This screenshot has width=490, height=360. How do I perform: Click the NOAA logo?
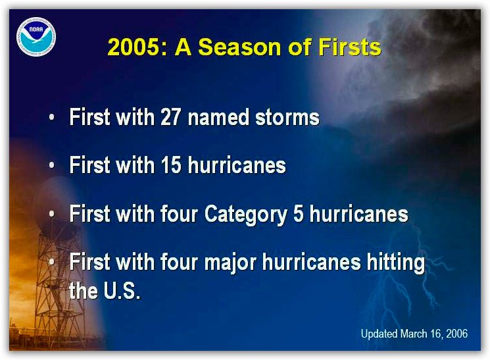[36, 37]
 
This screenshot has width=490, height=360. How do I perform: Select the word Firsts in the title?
[350, 47]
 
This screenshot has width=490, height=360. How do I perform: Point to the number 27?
[170, 117]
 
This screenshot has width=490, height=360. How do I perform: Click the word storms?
[287, 117]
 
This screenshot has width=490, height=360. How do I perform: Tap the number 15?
[170, 165]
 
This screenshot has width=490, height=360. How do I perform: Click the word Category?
[245, 215]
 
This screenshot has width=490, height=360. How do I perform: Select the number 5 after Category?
[298, 214]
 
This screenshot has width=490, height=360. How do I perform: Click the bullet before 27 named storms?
[52, 118]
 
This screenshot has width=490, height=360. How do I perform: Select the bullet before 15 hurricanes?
[52, 165]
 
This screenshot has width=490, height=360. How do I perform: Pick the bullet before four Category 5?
[52, 214]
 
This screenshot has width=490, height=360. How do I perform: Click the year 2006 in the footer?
[456, 334]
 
